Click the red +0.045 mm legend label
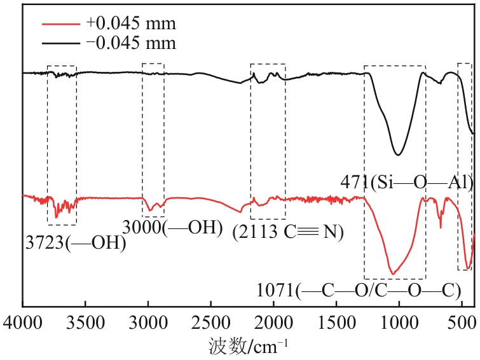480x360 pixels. click(x=130, y=24)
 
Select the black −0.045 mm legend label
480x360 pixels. click(x=130, y=43)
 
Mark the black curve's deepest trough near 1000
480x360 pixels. click(x=399, y=155)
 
